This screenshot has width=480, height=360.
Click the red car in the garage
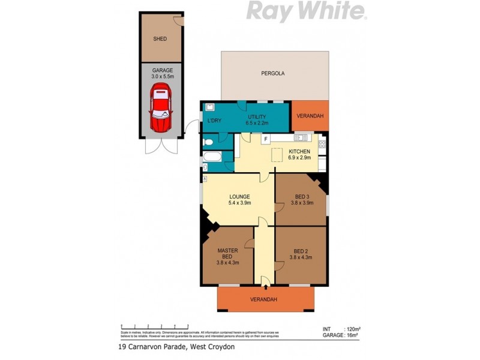coord(160,108)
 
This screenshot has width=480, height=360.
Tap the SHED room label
coord(160,39)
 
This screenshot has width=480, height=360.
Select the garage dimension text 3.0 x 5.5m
coord(162,77)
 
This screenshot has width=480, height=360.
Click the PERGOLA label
coord(272,74)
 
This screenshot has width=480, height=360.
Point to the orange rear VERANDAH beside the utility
coord(310,115)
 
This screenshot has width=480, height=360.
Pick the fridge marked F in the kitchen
coord(265,139)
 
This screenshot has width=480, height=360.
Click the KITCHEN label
coord(299,151)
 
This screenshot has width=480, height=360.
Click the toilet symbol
coord(207,142)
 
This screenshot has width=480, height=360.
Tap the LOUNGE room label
coord(239,196)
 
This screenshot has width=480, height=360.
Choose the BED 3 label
coord(302,196)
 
